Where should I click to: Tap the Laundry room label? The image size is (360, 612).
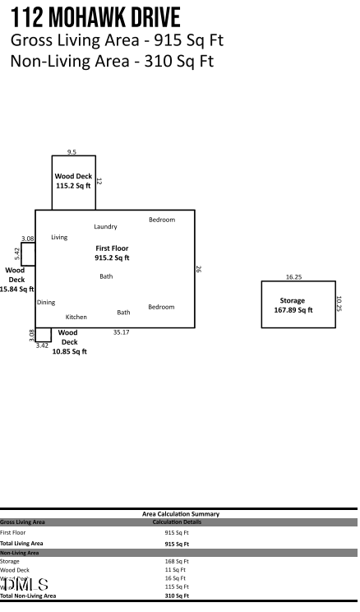105,226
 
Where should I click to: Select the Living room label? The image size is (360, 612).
59,237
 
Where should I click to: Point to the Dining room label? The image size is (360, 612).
46,302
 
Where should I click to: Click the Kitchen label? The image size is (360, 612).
76,317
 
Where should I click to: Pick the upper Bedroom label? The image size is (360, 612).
161,220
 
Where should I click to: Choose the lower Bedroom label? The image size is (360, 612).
161,307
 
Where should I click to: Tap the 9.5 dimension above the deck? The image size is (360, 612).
72,152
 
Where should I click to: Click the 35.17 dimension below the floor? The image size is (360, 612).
122,332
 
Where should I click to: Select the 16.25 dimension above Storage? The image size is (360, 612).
293,277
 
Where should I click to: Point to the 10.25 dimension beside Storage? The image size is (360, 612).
338,304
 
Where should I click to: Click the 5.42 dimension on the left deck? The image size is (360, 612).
17,253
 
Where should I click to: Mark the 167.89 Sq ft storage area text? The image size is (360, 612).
293,310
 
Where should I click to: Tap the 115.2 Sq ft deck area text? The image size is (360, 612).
73,186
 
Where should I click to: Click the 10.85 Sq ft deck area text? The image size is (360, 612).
69,351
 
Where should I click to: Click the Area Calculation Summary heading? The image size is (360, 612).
181,514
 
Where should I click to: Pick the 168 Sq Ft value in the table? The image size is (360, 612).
176,562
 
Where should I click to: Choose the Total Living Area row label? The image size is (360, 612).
22,543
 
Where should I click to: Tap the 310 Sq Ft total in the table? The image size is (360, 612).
176,595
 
